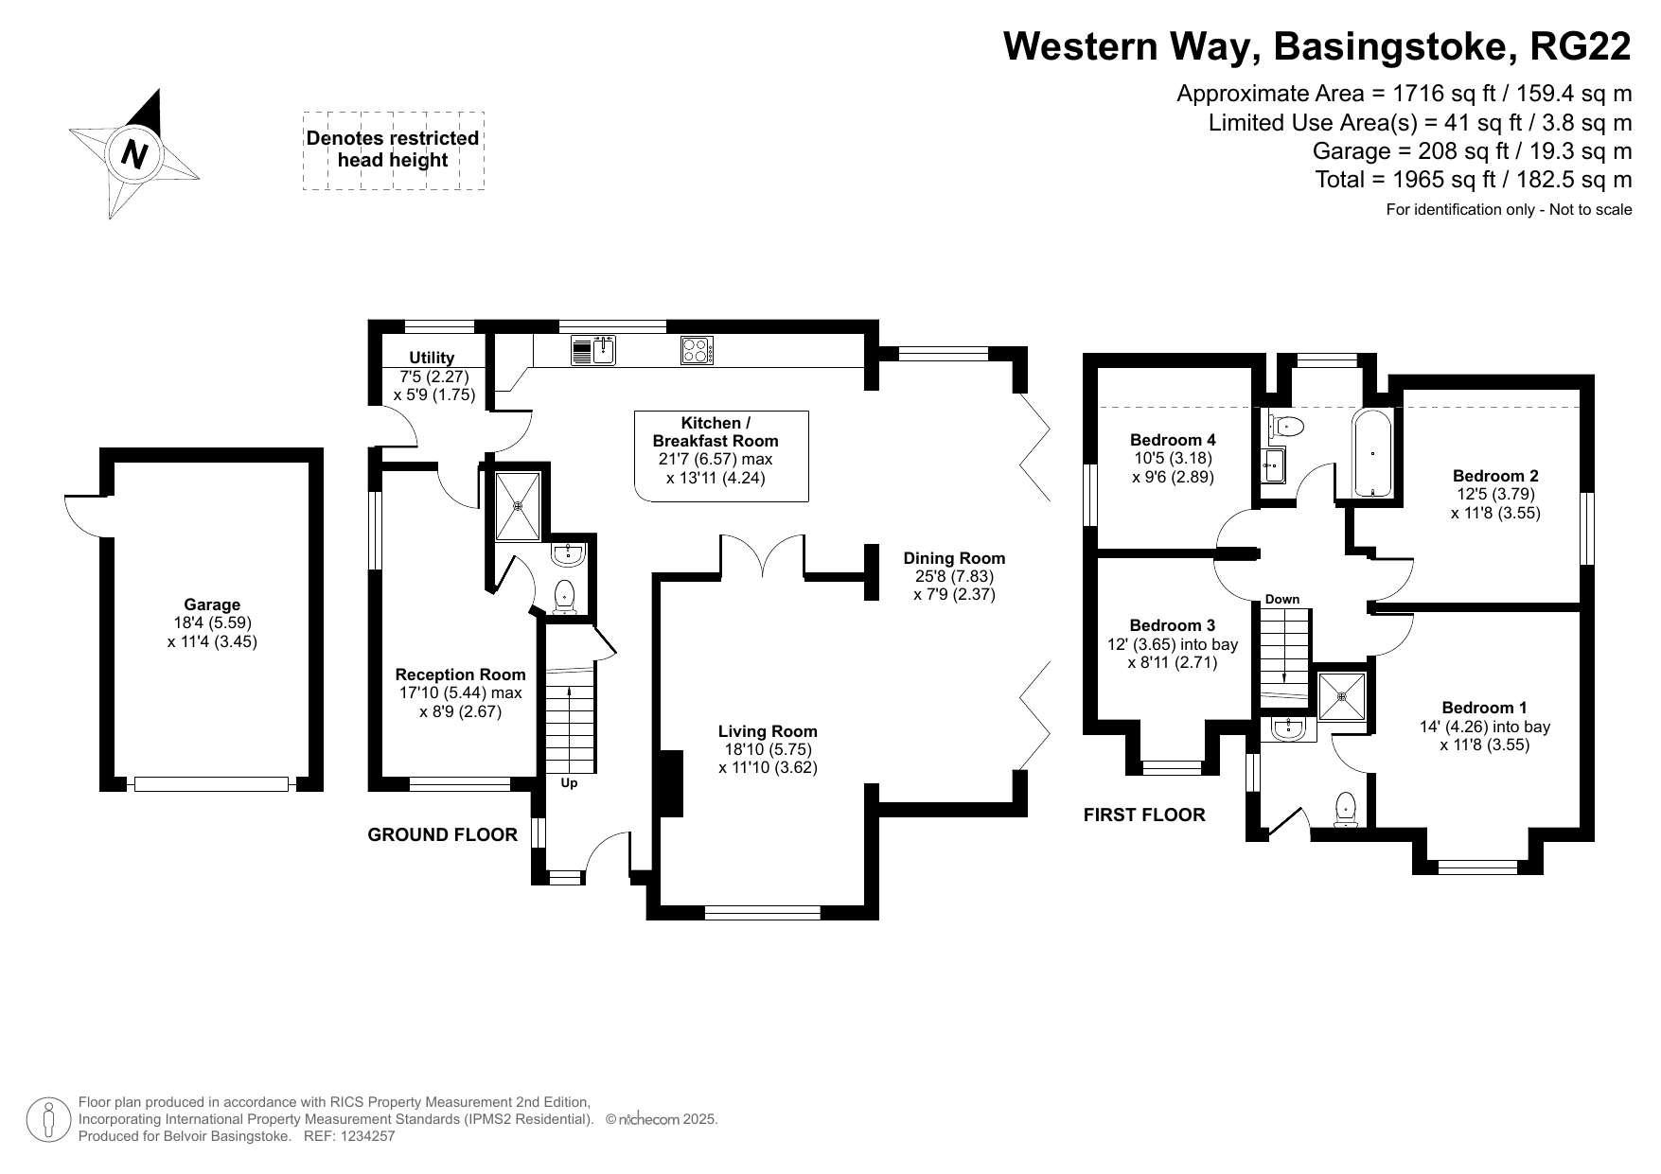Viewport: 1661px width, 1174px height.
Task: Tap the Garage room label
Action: pyautogui.click(x=212, y=605)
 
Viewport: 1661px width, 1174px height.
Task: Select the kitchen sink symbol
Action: pyautogui.click(x=593, y=350)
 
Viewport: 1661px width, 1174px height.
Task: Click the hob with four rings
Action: pyautogui.click(x=697, y=350)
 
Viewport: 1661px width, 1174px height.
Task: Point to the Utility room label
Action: pyautogui.click(x=432, y=358)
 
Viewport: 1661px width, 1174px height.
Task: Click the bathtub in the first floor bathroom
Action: pyautogui.click(x=1372, y=453)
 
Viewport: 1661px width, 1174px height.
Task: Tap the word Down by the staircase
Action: pyautogui.click(x=1282, y=599)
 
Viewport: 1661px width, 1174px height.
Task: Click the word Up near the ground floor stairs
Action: pyautogui.click(x=569, y=783)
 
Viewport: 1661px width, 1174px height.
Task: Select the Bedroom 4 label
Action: pyautogui.click(x=1173, y=440)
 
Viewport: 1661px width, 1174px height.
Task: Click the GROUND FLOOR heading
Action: pyautogui.click(x=442, y=834)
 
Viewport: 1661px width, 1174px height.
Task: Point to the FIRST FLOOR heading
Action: pyautogui.click(x=1144, y=815)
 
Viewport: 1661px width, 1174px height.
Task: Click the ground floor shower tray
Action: pyautogui.click(x=518, y=505)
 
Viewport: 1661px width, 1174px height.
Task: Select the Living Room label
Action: pyautogui.click(x=768, y=731)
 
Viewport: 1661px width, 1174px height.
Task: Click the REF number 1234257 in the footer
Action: pyautogui.click(x=363, y=1136)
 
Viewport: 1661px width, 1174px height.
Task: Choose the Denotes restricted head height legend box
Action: pyautogui.click(x=393, y=150)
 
